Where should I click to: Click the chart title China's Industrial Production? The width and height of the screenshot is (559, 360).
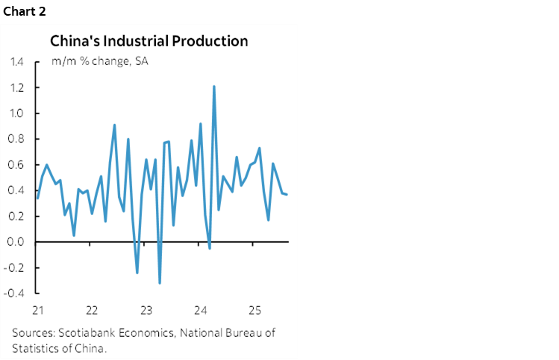(x=149, y=40)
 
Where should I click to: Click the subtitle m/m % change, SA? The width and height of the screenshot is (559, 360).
(x=99, y=61)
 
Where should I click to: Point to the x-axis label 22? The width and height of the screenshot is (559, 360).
(x=92, y=310)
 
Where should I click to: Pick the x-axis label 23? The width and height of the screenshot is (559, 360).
(x=146, y=310)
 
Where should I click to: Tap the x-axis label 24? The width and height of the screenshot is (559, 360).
(x=200, y=310)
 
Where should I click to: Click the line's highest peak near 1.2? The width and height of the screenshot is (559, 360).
(x=214, y=87)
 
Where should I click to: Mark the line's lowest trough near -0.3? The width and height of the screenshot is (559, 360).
(x=160, y=282)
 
